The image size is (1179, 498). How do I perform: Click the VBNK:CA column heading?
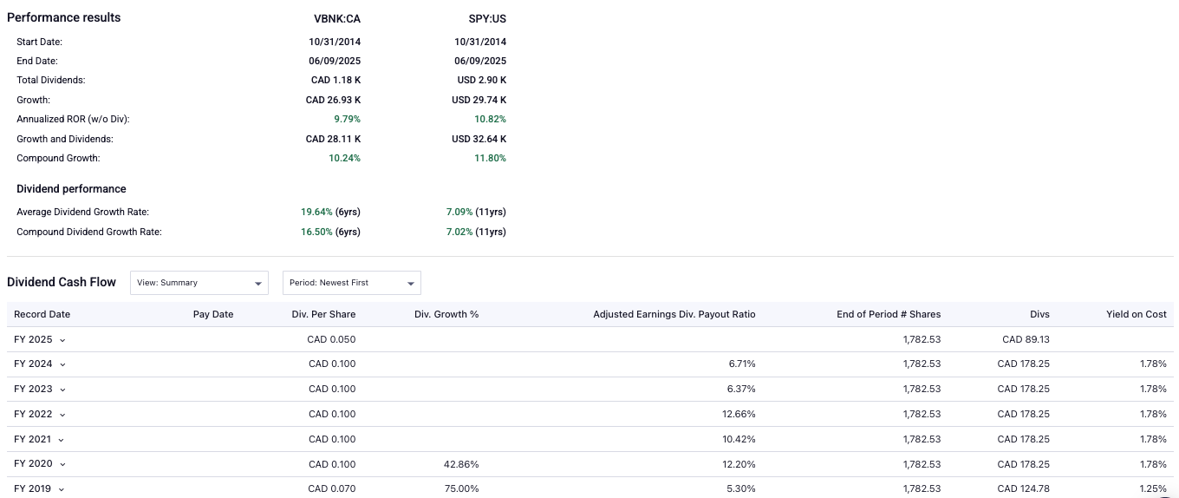[x=337, y=18]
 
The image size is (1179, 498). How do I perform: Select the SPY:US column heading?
[x=487, y=18]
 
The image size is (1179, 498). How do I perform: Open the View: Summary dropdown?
[x=199, y=283]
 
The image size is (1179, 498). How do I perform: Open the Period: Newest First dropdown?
[x=351, y=283]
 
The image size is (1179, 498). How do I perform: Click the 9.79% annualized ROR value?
[x=347, y=119]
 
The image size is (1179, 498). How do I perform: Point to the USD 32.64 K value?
[x=479, y=139]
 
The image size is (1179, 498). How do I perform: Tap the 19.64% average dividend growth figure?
[x=315, y=212]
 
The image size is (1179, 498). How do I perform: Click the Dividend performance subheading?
[x=71, y=189]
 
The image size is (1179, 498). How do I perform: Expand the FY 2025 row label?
[x=40, y=339]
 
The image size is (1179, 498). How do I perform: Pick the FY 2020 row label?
[x=40, y=464]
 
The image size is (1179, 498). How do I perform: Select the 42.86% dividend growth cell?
[x=460, y=464]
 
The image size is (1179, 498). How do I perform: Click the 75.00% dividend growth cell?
[x=460, y=488]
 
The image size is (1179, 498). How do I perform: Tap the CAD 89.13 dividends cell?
[x=1026, y=339]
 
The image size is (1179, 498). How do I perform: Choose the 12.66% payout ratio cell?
[x=739, y=414]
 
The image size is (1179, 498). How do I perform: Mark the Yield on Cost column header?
[x=1136, y=314]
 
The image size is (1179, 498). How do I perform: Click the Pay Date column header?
[x=213, y=314]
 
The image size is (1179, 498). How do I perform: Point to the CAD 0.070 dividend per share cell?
[x=331, y=488]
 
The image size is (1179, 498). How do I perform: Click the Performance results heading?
[x=64, y=17]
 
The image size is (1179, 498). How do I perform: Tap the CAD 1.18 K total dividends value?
[x=335, y=80]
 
